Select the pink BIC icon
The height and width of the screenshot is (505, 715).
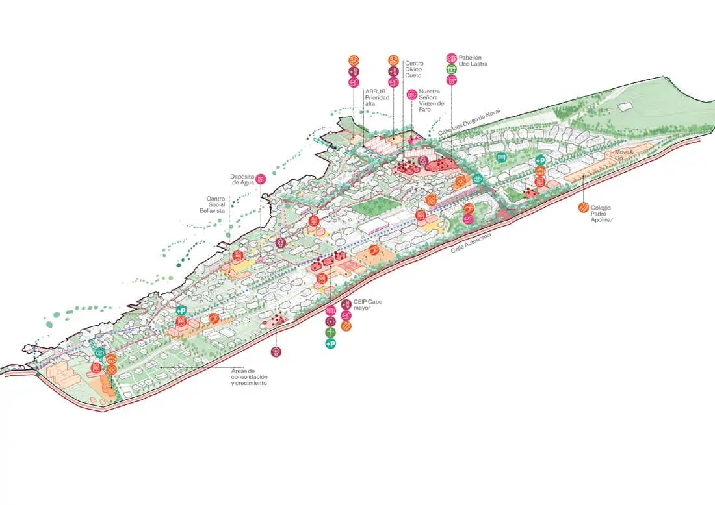click(x=411, y=94)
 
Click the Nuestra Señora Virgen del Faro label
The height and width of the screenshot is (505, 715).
click(x=433, y=101)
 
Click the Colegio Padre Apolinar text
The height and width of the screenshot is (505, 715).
click(x=601, y=214)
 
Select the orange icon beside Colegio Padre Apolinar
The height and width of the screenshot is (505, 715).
click(x=583, y=208)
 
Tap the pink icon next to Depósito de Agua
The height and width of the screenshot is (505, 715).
click(x=261, y=179)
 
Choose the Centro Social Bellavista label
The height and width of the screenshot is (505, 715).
click(x=215, y=204)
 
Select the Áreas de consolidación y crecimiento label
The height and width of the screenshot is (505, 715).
click(x=249, y=377)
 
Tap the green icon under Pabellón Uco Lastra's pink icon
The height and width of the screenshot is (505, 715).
click(x=452, y=69)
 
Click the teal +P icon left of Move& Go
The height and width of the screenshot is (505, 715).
click(x=540, y=160)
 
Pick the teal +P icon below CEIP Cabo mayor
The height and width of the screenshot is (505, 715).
click(x=330, y=343)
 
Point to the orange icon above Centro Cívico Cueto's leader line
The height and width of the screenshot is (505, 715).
click(x=393, y=60)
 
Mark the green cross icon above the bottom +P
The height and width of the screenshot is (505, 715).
click(x=330, y=332)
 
